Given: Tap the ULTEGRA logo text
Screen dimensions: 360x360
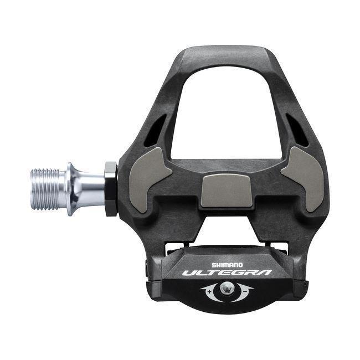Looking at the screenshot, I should click(227, 273).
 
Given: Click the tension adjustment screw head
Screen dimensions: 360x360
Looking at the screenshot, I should click(227, 288).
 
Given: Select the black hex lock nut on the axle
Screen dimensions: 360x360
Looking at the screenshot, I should click(111, 188).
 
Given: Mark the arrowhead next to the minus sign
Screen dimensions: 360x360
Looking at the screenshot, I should click(252, 289).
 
